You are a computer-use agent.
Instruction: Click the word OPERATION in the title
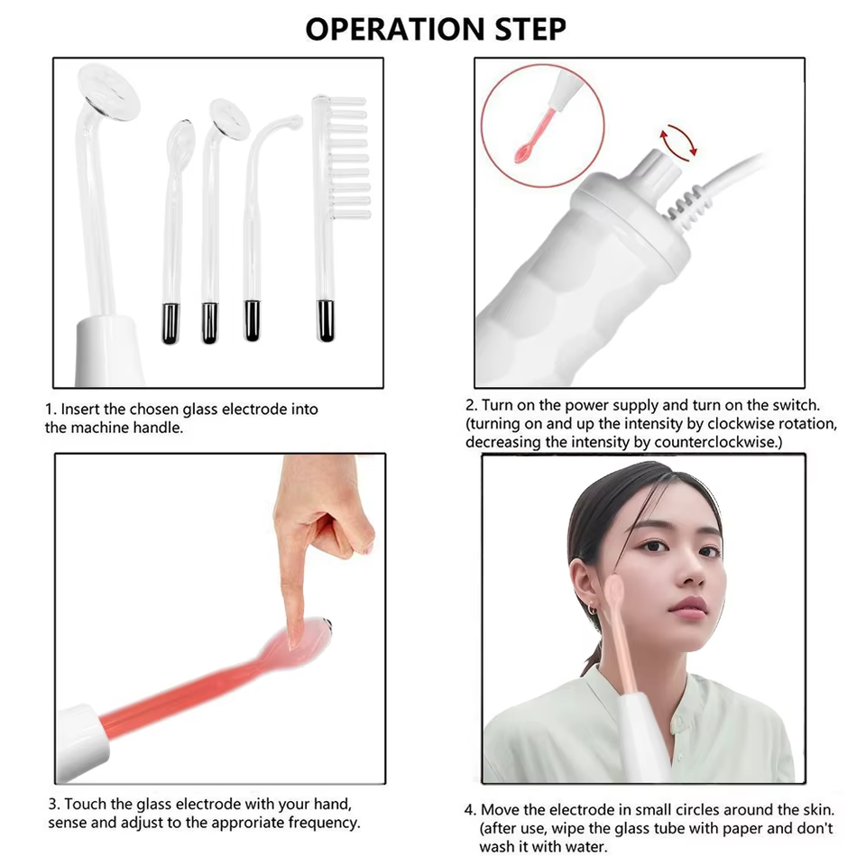click(395, 29)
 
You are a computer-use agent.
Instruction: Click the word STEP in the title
click(530, 29)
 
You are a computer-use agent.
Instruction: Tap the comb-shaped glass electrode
click(337, 218)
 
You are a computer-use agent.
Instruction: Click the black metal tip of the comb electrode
click(326, 320)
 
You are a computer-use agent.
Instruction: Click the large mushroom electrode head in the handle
click(108, 93)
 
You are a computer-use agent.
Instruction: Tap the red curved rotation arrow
click(678, 143)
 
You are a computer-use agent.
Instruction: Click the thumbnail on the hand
click(365, 548)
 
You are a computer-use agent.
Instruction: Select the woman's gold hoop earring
click(592, 609)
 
